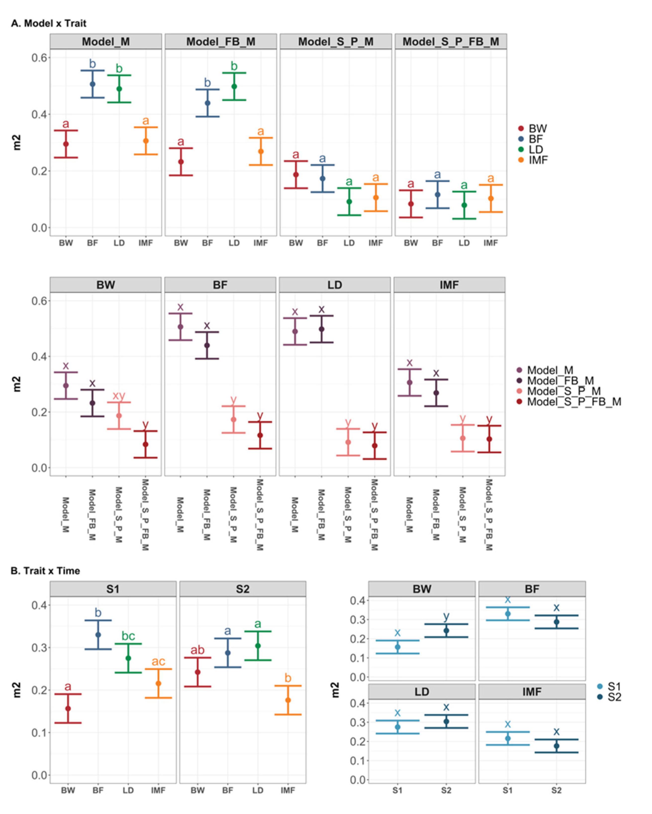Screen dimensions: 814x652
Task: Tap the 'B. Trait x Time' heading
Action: (45, 570)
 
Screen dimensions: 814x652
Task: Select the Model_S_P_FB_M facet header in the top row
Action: (450, 41)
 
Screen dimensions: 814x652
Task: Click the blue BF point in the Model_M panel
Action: (93, 84)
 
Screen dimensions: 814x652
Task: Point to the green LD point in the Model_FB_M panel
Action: (234, 86)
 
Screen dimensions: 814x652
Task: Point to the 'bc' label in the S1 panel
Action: (128, 636)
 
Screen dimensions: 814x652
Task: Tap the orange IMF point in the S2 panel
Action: (288, 700)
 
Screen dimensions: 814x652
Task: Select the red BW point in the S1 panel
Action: (68, 708)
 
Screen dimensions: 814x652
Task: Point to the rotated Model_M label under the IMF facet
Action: (409, 515)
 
